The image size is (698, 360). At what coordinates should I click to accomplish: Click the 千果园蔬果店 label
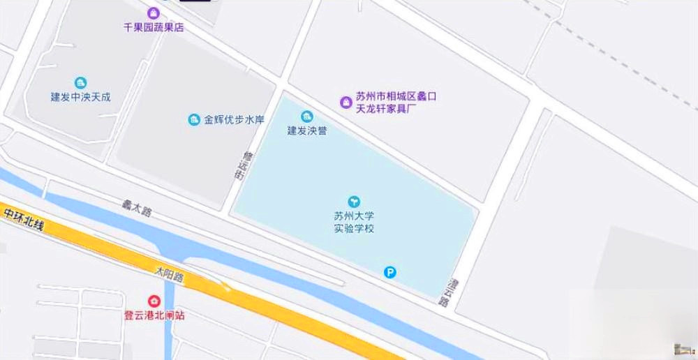154,27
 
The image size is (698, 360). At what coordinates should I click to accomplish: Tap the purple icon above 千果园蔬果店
154,13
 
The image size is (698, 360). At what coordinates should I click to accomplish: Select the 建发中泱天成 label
81,97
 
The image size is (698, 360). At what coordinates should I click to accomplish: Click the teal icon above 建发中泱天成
80,82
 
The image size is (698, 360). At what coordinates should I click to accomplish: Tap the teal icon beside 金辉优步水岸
194,120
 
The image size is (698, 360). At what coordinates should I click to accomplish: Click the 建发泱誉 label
307,130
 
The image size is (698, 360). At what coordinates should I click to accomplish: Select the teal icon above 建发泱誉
306,116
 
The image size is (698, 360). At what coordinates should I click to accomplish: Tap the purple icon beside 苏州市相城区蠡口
345,103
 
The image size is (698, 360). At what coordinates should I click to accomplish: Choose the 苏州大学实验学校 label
354,222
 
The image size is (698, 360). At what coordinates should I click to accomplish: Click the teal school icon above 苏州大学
354,202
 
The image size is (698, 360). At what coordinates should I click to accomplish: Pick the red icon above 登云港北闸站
154,300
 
